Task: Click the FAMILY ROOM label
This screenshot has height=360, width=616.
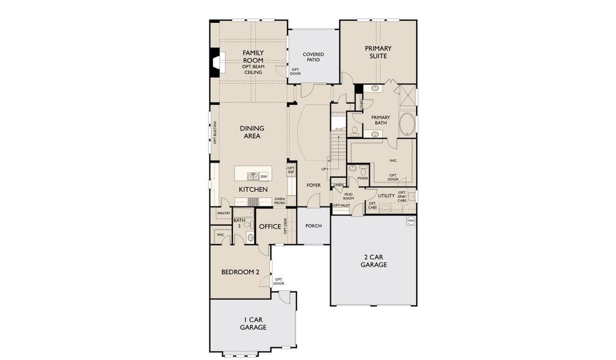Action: coord(253,56)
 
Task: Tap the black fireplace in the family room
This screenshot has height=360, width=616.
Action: coord(214,62)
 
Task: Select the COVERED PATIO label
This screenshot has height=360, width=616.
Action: coord(313,57)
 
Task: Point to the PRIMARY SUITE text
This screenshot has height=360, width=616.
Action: coord(378,52)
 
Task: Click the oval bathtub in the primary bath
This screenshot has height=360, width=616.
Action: coord(406,124)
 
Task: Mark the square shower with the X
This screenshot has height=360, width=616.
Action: coord(405,96)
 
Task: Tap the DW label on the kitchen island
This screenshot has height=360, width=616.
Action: coord(264,176)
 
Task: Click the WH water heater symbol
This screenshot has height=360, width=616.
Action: coord(411,221)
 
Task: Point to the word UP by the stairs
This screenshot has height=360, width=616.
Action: coord(324,169)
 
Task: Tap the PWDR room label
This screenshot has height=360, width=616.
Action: coord(363,178)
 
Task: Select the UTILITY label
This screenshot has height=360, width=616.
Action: coord(386,196)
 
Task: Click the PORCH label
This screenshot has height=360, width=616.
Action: coord(313,226)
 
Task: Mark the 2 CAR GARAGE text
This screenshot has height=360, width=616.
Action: coord(373,260)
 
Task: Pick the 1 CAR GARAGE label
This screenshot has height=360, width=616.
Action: coord(253,323)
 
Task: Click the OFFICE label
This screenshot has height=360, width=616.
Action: coord(270,227)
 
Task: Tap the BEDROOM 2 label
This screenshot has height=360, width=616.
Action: coord(240,272)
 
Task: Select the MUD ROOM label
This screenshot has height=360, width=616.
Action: coord(348,196)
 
